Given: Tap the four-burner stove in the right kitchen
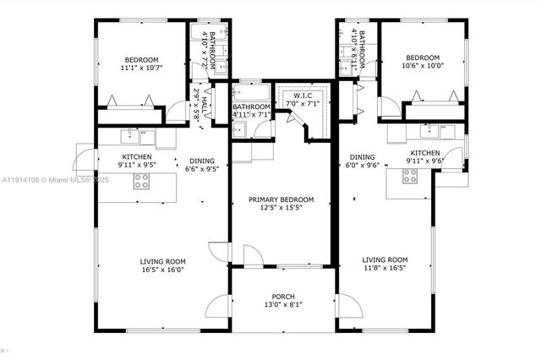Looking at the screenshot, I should point(410,177).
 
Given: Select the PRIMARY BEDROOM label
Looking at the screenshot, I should point(281,199).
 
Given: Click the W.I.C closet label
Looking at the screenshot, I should point(303,95).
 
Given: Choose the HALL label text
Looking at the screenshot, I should point(203,107).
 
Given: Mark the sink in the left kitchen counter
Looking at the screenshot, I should point(131,133).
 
